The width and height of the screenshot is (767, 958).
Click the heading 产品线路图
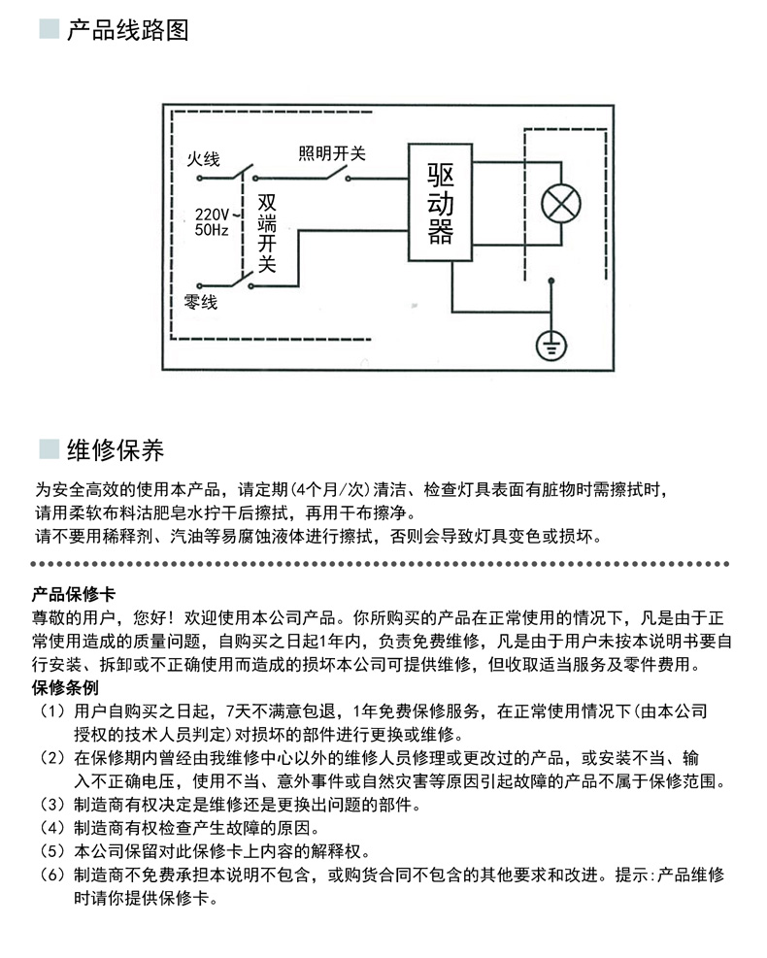127,30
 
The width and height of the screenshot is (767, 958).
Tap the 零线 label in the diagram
201,303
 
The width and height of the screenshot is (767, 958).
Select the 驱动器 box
440,202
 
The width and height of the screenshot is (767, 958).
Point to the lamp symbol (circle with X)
561,202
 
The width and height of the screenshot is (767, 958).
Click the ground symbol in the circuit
551,344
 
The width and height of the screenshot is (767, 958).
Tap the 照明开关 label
332,152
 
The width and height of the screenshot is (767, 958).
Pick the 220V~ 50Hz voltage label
212,222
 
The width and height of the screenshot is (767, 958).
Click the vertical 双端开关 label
267,233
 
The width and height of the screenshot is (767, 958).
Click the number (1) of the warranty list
52,711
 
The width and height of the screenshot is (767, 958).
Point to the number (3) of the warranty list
52,805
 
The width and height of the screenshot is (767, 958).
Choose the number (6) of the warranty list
52,875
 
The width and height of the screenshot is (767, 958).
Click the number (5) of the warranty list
52,851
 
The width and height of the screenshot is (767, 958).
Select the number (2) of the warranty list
52,758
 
